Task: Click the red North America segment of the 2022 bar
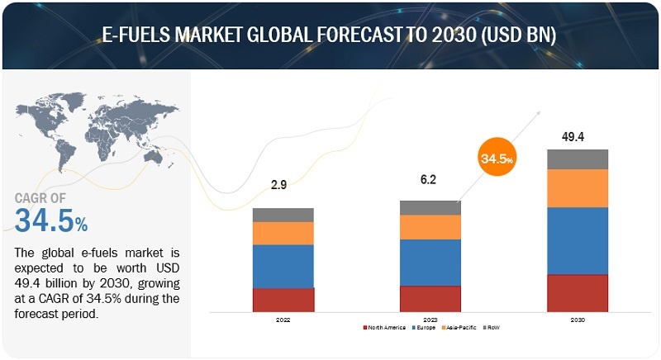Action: pos(283,299)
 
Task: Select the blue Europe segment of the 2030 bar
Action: pos(578,240)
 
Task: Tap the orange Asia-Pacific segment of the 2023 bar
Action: pos(430,227)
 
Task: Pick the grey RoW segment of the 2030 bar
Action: pos(578,159)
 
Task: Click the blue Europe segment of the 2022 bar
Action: pos(283,266)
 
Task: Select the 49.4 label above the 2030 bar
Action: pos(578,136)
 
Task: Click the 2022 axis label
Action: pos(283,318)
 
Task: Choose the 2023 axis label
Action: pos(430,318)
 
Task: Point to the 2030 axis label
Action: pos(578,318)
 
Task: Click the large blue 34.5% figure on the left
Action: pos(51,220)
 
